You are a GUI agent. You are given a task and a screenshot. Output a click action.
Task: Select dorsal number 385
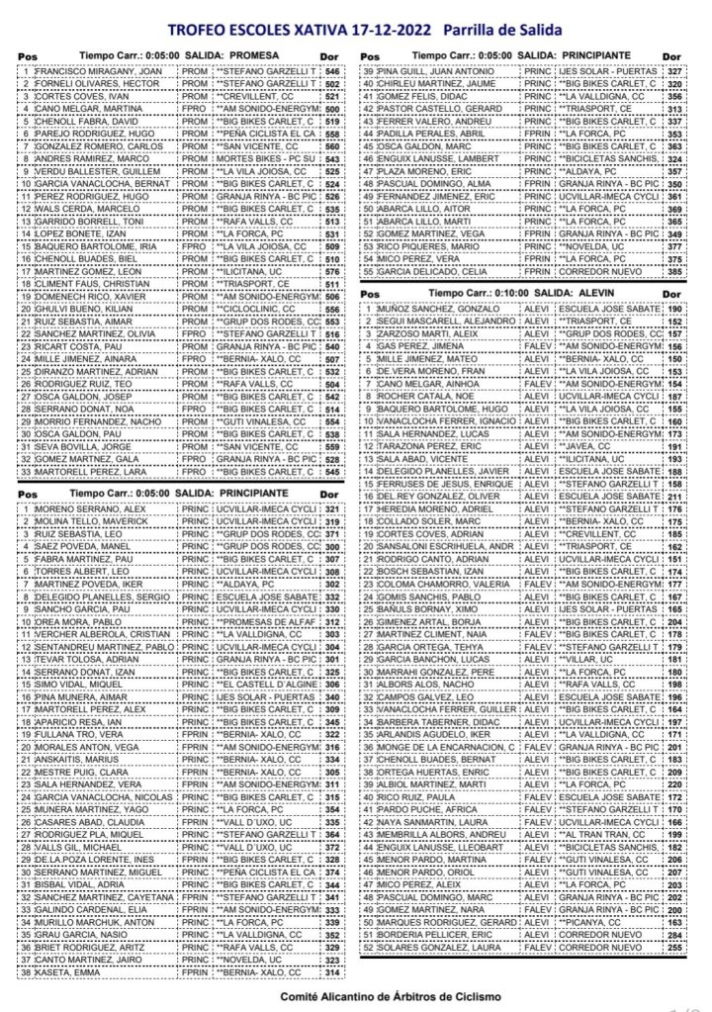click(674, 270)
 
